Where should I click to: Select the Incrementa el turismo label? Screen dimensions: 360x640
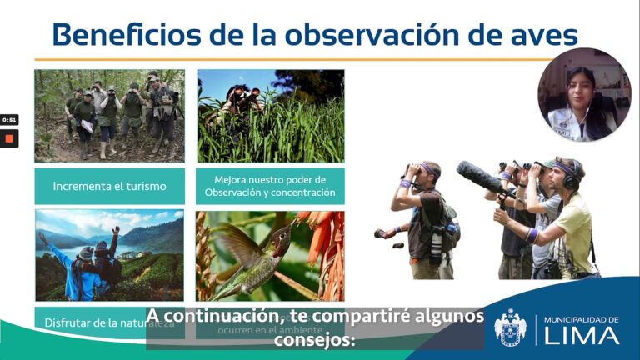[109, 186]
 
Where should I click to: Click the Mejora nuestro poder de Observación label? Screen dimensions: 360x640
[270, 186]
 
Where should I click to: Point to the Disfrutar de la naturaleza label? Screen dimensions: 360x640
[92, 323]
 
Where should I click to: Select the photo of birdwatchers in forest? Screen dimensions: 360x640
[109, 116]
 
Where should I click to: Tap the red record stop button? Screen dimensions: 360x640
[9, 138]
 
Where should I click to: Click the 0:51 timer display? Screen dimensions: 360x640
[9, 120]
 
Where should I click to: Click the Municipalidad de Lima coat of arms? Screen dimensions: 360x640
[510, 327]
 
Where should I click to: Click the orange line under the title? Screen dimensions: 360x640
[292, 60]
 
